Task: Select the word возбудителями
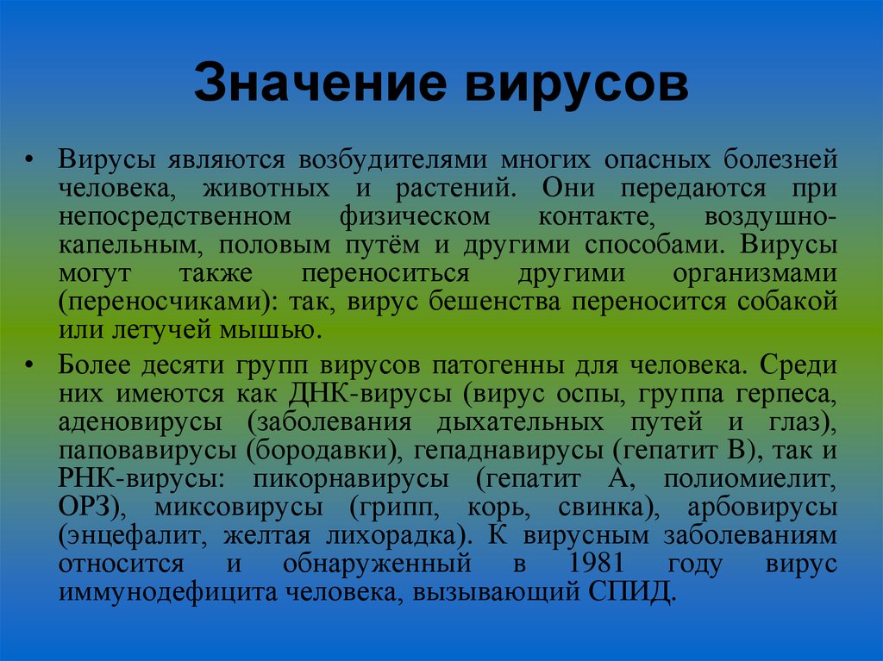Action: pos(396,160)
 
